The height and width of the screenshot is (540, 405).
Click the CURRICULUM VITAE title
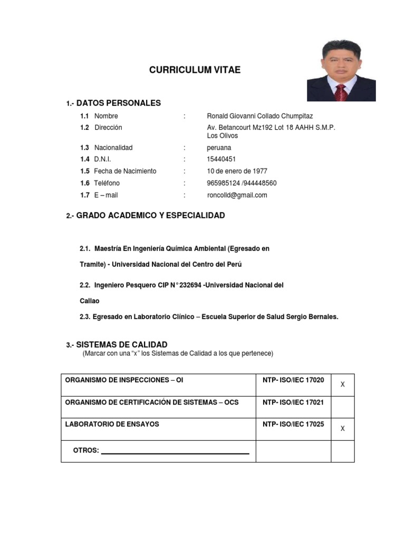point(195,70)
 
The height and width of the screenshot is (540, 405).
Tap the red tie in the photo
point(341,92)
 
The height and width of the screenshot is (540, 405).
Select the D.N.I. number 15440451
point(221,159)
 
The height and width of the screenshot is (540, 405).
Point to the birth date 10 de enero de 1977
point(237,171)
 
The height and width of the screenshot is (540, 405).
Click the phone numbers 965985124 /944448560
point(242,183)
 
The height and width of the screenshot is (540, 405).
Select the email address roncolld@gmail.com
point(237,195)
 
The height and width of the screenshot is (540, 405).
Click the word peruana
point(219,148)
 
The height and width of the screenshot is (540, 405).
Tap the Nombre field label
point(106,116)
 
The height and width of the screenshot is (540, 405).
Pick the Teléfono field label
point(107,183)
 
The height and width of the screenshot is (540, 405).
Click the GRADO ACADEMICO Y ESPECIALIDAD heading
point(150,215)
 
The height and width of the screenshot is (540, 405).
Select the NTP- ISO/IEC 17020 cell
point(293,380)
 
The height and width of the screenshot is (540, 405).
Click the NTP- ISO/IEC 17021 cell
point(293,402)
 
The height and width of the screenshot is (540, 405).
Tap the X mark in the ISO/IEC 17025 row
point(342,429)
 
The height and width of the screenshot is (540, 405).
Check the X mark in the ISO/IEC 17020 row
point(342,385)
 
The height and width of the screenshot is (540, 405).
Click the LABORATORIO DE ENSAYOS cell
point(112,424)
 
